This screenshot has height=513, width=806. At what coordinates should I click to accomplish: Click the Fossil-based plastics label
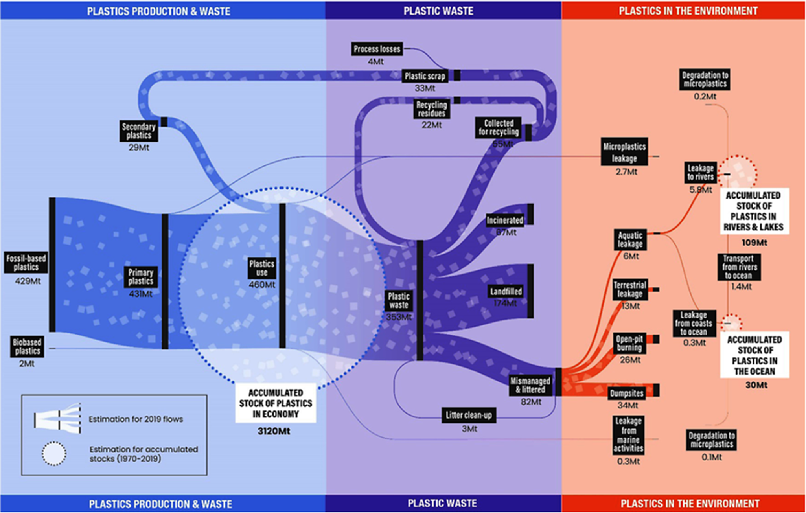click(26, 263)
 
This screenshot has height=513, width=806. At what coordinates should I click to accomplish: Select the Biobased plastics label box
click(27, 346)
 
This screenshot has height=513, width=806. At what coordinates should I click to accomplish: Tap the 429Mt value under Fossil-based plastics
click(28, 281)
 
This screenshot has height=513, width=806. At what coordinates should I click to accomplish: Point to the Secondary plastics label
click(138, 131)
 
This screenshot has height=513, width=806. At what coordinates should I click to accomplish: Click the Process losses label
click(377, 49)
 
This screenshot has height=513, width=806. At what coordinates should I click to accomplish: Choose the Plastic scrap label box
click(425, 76)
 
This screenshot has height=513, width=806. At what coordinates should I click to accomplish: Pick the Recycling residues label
click(431, 109)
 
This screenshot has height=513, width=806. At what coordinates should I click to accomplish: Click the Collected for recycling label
click(499, 127)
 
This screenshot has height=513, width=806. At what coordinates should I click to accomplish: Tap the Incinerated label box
click(505, 220)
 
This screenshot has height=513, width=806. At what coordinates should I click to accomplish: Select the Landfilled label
click(506, 291)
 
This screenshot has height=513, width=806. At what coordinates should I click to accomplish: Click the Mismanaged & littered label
click(530, 385)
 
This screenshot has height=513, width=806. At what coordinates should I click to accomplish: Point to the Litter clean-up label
click(469, 415)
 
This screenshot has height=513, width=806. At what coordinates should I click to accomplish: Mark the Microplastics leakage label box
click(624, 152)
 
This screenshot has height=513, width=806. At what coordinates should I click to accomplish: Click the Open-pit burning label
click(629, 343)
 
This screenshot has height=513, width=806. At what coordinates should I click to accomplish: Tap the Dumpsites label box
click(627, 393)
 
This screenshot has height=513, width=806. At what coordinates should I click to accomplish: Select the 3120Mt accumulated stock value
click(274, 431)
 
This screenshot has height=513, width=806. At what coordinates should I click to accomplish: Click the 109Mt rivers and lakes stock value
click(754, 243)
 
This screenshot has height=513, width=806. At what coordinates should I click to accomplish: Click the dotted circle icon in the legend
click(54, 454)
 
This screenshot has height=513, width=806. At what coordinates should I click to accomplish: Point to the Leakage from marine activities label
click(628, 434)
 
